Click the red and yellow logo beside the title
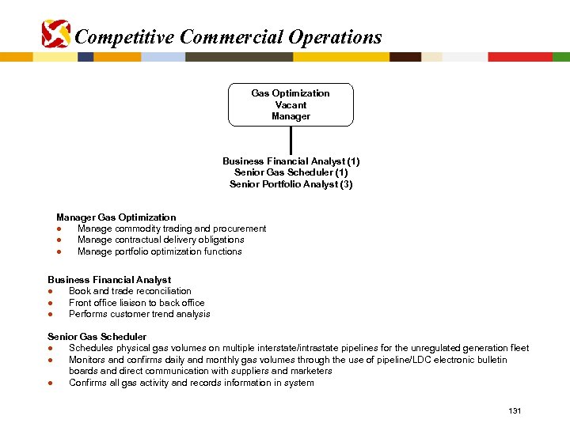tap(55, 34)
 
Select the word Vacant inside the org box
tap(291, 104)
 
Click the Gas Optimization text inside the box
tap(291, 93)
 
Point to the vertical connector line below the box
tap(291, 139)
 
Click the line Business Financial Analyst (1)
tap(291, 161)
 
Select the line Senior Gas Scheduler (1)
tap(291, 172)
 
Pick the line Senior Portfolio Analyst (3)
tap(291, 184)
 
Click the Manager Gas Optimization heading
tap(116, 217)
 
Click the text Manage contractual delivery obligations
tap(161, 240)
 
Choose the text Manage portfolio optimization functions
tap(160, 251)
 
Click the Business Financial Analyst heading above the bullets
tap(109, 280)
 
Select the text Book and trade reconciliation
tap(130, 291)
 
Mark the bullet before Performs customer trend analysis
tap(50, 314)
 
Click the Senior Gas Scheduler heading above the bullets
tap(97, 337)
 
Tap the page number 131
tap(515, 411)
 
